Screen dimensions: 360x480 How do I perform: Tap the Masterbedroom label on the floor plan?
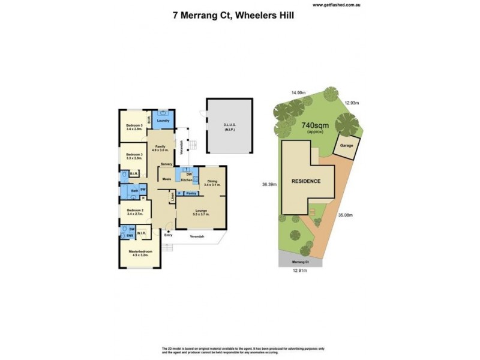tap(139, 251)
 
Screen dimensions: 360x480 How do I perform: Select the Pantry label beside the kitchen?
tap(191, 193)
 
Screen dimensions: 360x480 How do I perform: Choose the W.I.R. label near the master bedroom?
tap(142, 233)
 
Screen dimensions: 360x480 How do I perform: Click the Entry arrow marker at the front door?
tap(168, 230)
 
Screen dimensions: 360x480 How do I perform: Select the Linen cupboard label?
tap(172, 196)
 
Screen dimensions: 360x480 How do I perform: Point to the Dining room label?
tap(212, 181)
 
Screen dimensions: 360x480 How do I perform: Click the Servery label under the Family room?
tap(166, 164)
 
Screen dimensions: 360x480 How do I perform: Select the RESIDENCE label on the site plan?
tap(306, 181)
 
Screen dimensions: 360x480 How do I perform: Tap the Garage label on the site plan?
tap(346, 145)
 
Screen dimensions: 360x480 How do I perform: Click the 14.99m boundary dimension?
tap(298, 93)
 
